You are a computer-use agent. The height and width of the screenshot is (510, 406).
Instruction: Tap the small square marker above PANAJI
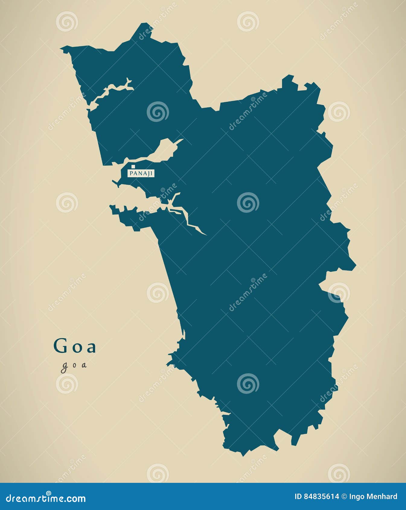(x=133, y=166)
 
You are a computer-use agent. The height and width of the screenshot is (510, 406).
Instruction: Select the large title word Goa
(x=75, y=346)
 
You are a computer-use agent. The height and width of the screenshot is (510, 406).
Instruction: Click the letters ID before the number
(x=298, y=496)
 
